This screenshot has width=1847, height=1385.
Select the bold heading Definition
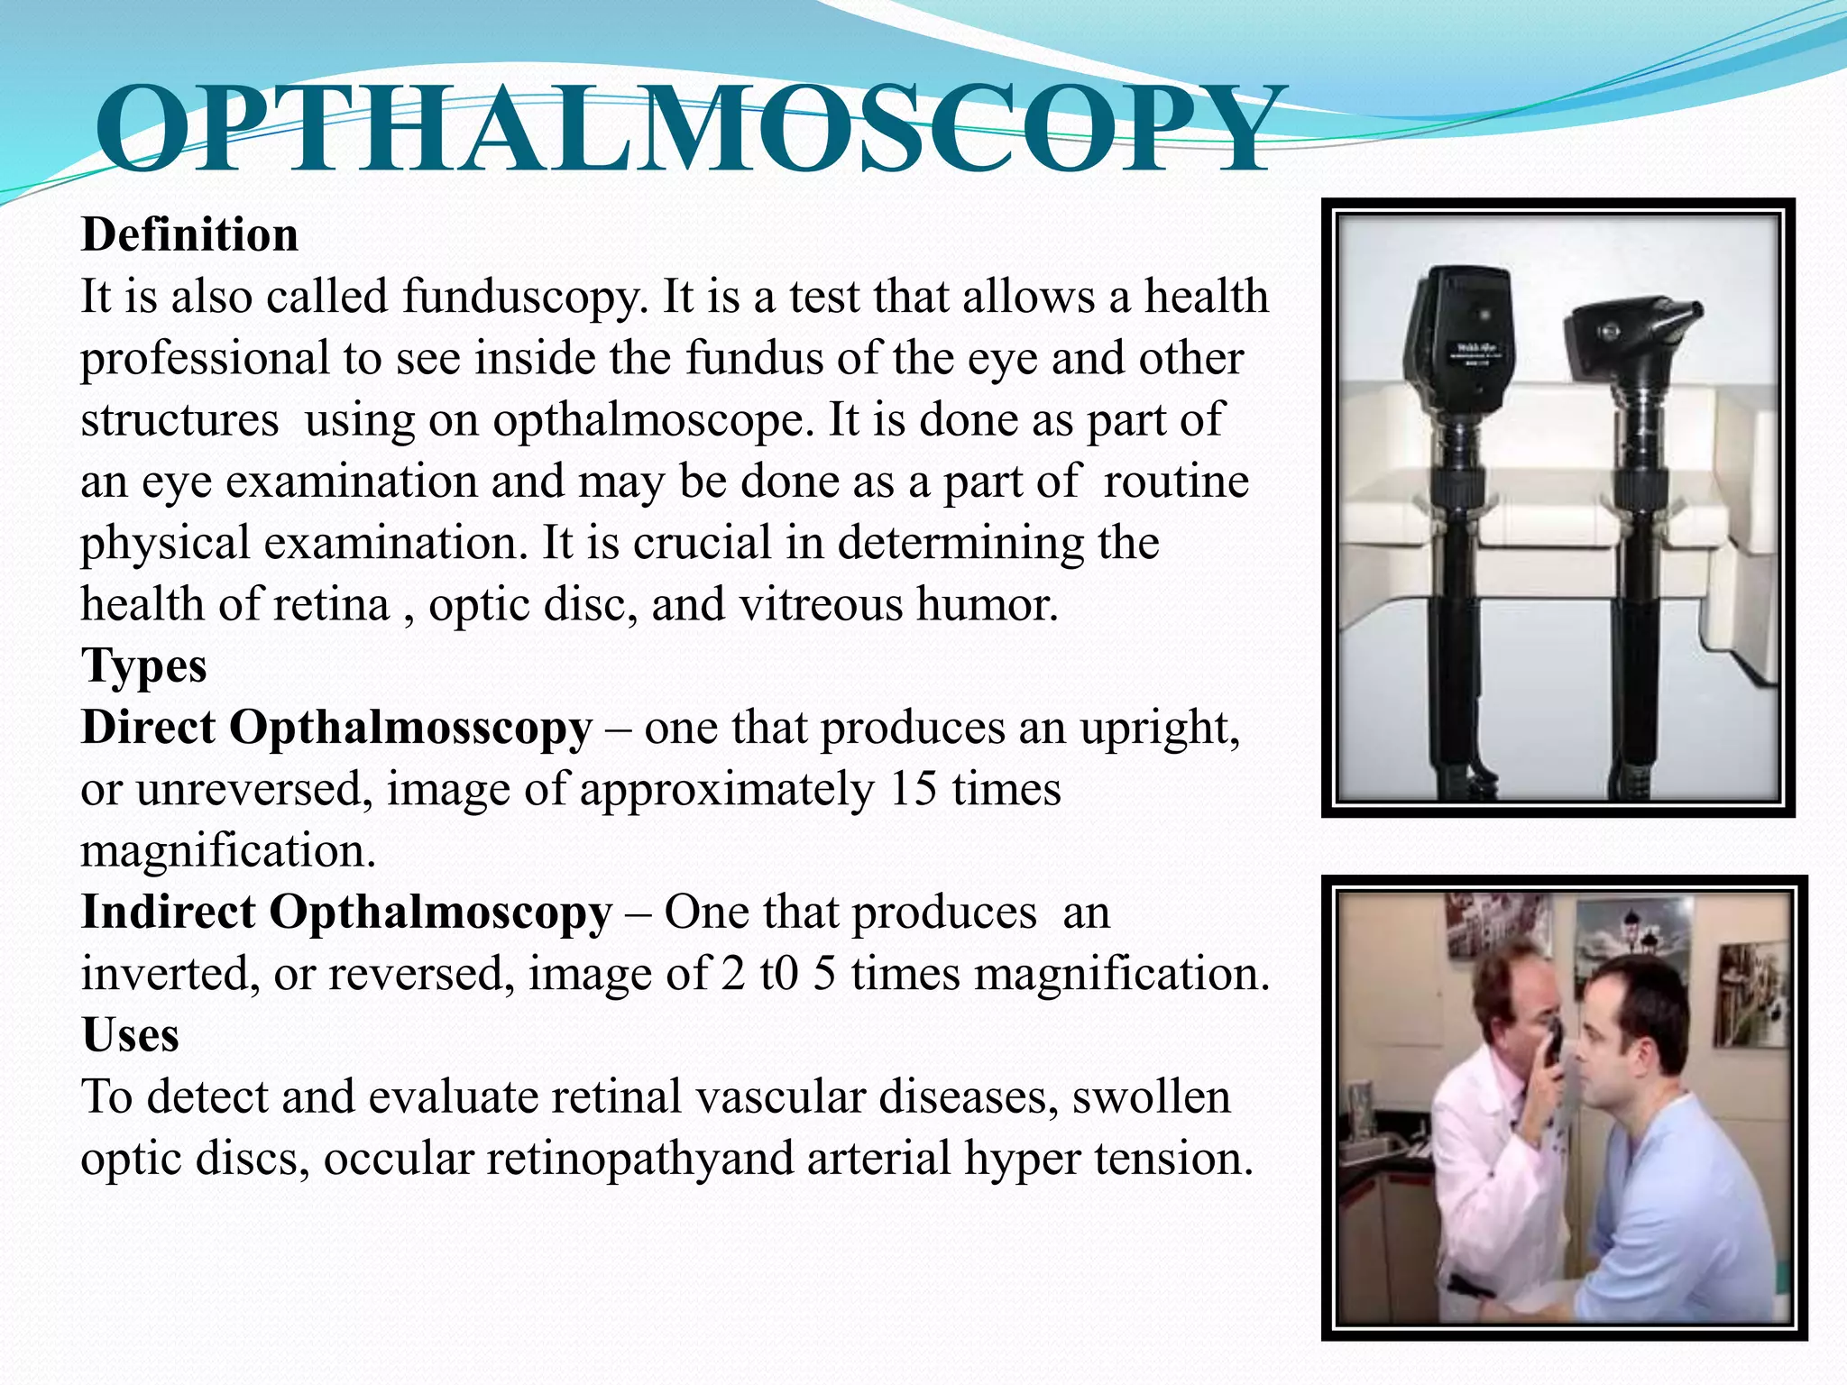pos(189,235)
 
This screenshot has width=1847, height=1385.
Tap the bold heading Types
pos(144,666)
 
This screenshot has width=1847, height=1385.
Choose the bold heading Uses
pos(131,1035)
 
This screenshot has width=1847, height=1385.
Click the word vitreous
pos(820,604)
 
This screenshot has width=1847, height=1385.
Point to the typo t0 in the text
pos(779,974)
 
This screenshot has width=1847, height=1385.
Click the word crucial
pos(703,543)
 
